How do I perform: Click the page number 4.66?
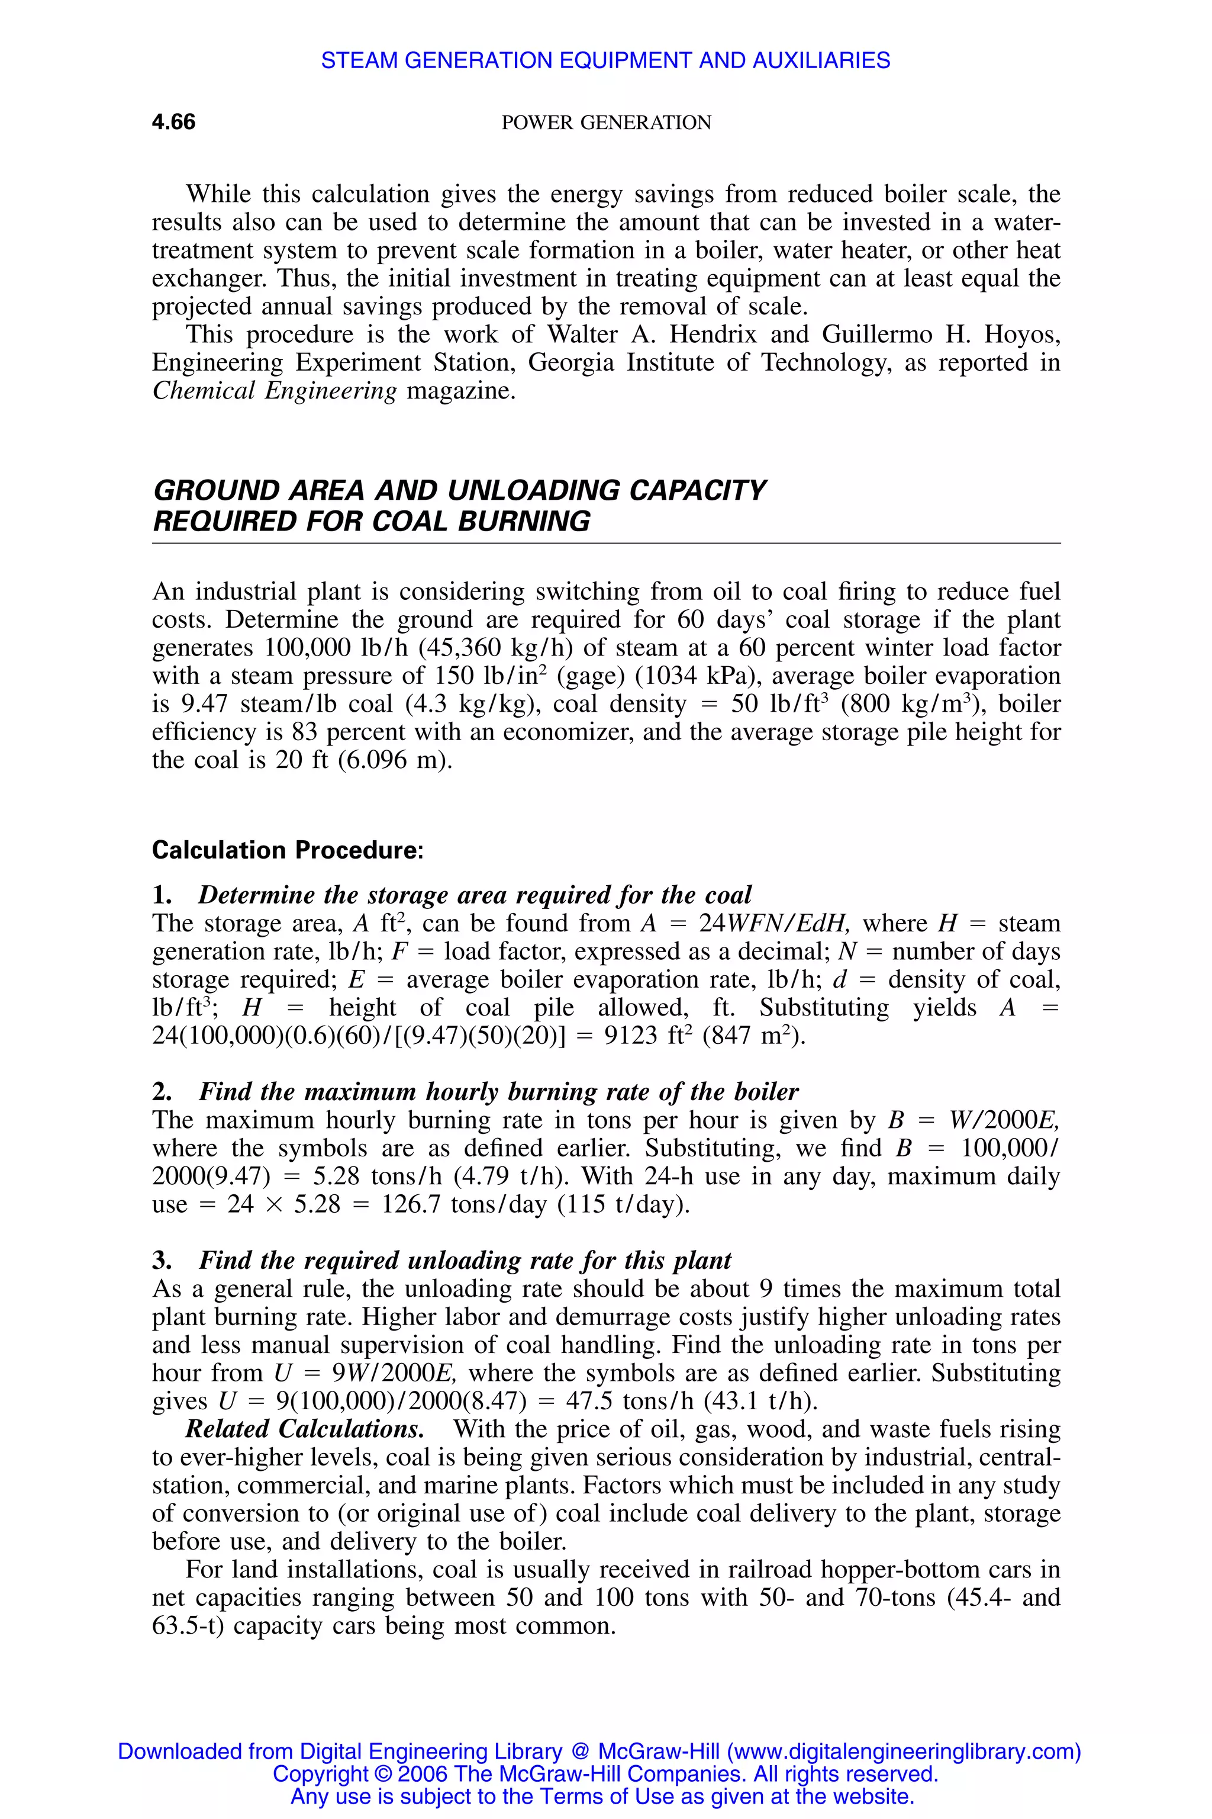coord(174,122)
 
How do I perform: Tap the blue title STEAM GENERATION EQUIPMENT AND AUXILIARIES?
coord(605,60)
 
